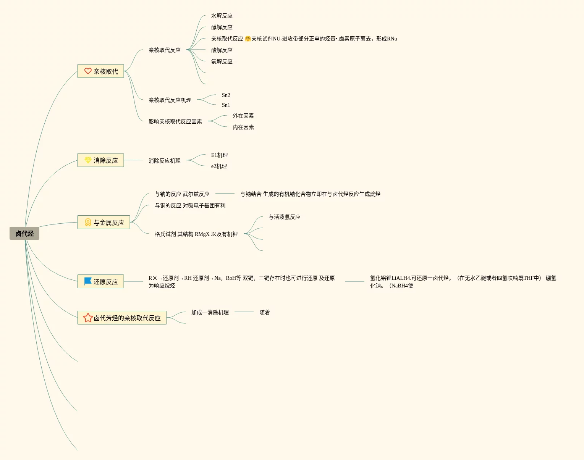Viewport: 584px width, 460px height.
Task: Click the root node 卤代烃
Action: click(x=24, y=233)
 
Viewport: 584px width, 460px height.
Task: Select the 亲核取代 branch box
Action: click(x=101, y=71)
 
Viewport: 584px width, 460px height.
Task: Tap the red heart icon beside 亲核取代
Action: click(x=88, y=71)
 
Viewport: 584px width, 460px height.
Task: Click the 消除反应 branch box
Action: click(x=101, y=160)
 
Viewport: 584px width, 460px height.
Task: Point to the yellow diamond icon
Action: click(x=88, y=160)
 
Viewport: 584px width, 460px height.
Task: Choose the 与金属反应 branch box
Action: click(x=104, y=222)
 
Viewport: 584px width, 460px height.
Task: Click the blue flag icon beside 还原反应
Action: click(x=88, y=281)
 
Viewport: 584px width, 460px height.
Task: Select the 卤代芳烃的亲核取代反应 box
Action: click(x=122, y=318)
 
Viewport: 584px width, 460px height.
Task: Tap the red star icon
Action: click(x=88, y=318)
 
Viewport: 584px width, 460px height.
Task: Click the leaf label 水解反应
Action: click(x=222, y=16)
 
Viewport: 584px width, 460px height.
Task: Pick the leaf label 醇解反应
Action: click(x=222, y=27)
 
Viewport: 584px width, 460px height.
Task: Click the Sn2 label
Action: click(x=226, y=95)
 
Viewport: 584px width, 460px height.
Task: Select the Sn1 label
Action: click(x=226, y=105)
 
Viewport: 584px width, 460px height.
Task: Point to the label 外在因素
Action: click(x=243, y=116)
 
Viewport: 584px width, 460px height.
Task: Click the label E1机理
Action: click(x=219, y=155)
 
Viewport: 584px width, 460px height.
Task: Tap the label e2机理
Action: click(x=219, y=166)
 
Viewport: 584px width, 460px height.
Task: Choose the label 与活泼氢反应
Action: click(x=284, y=217)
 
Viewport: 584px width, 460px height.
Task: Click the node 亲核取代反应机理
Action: click(x=170, y=100)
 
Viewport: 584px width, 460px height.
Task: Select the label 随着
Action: click(x=264, y=312)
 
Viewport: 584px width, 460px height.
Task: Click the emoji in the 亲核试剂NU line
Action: click(x=248, y=39)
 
